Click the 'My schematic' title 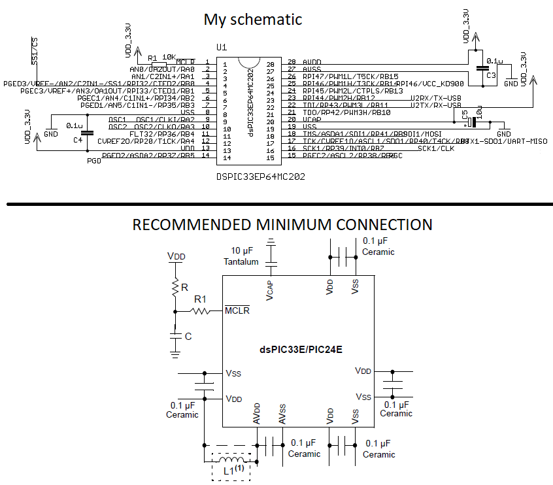(253, 20)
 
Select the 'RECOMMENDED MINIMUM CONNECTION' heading (282, 225)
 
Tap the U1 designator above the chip (221, 48)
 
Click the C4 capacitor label (78, 140)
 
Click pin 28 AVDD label (311, 62)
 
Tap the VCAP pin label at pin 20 (311, 120)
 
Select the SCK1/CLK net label (435, 148)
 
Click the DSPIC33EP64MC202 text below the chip (261, 176)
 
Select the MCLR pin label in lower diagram (237, 310)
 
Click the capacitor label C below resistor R (188, 336)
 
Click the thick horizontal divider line (276, 204)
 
